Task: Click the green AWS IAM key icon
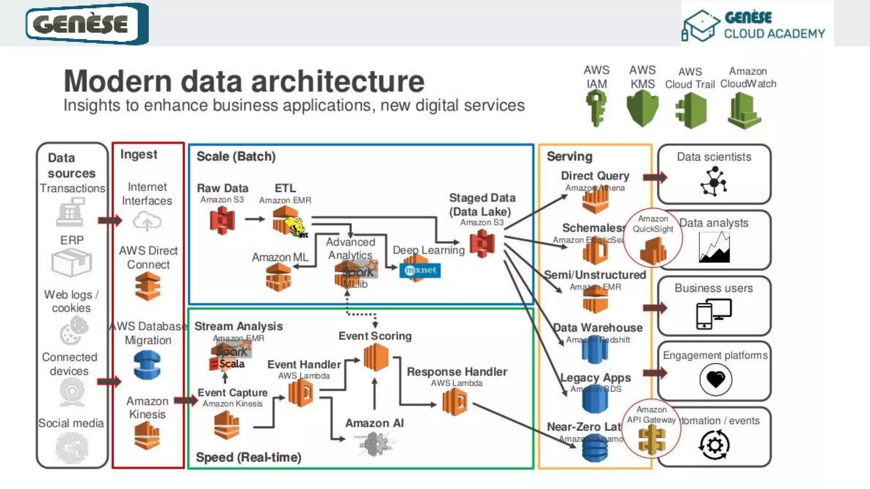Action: coord(596,110)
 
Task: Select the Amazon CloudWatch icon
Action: coord(744,111)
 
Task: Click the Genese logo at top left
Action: coord(87,24)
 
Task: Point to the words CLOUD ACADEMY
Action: coord(774,34)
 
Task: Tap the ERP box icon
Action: coord(71,262)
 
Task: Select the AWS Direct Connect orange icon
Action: coord(148,286)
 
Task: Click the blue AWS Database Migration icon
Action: coord(147,365)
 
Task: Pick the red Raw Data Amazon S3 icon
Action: coord(222,221)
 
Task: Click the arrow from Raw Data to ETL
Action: coord(254,219)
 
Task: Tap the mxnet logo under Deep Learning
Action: coord(420,270)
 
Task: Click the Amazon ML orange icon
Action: coord(278,277)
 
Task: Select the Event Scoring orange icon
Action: coord(376,357)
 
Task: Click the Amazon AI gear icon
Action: coord(374,444)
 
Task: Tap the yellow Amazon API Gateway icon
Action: coord(652,441)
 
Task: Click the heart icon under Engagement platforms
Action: coord(715,379)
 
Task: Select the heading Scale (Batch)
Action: coord(236,157)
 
